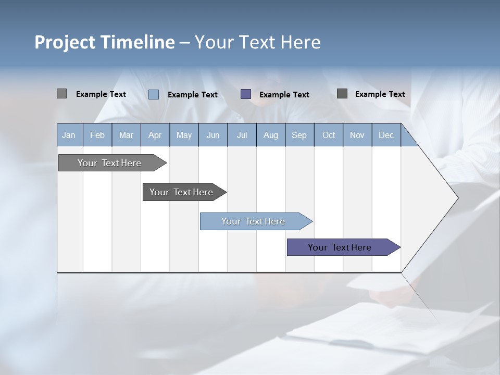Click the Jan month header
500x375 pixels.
[x=69, y=135]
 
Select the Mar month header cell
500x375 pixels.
[x=126, y=135]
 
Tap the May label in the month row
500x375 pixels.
[x=184, y=135]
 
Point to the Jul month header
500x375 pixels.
[x=242, y=135]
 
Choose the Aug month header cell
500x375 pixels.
[x=270, y=135]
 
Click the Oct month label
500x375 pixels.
[x=329, y=135]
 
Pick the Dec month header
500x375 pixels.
[x=386, y=135]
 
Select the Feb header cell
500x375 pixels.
[x=97, y=135]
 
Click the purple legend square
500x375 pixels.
[x=246, y=94]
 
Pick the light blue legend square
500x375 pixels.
[x=154, y=94]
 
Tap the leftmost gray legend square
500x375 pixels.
[x=61, y=94]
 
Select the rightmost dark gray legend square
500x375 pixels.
[x=342, y=94]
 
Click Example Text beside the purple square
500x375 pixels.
[x=284, y=95]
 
